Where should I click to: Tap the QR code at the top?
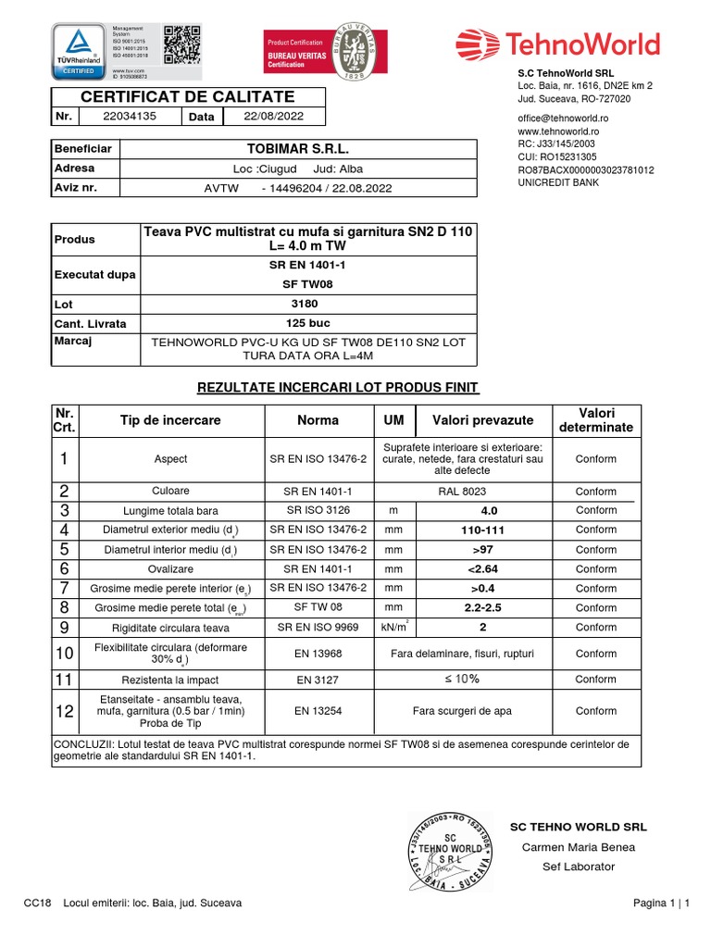click(x=181, y=44)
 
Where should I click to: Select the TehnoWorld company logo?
click(x=557, y=44)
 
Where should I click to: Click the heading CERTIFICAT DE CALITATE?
click(x=188, y=96)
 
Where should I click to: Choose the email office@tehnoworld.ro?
click(x=563, y=118)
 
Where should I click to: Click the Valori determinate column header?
click(x=595, y=420)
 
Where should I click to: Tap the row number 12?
click(x=65, y=711)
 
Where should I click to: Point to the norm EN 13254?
click(x=318, y=711)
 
